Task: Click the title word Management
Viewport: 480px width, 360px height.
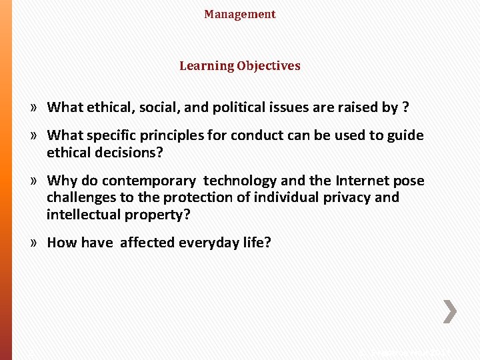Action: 239,14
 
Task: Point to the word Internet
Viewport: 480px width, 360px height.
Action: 364,181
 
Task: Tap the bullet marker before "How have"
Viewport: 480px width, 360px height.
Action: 33,243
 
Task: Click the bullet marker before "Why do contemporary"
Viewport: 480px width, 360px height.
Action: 33,181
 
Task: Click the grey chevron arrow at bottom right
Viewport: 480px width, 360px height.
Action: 451,311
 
